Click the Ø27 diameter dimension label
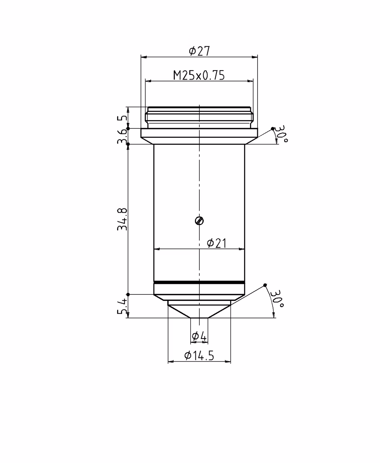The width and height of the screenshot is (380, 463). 199,51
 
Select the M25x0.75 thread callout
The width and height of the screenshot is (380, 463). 199,75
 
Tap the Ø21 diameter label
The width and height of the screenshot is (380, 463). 217,243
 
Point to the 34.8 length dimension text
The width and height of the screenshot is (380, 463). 122,219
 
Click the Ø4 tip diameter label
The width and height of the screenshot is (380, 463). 199,336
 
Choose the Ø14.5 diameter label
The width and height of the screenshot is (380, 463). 199,356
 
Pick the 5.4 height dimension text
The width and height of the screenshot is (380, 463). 122,306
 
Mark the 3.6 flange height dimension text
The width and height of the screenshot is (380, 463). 122,136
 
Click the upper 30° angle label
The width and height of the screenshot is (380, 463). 282,134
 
